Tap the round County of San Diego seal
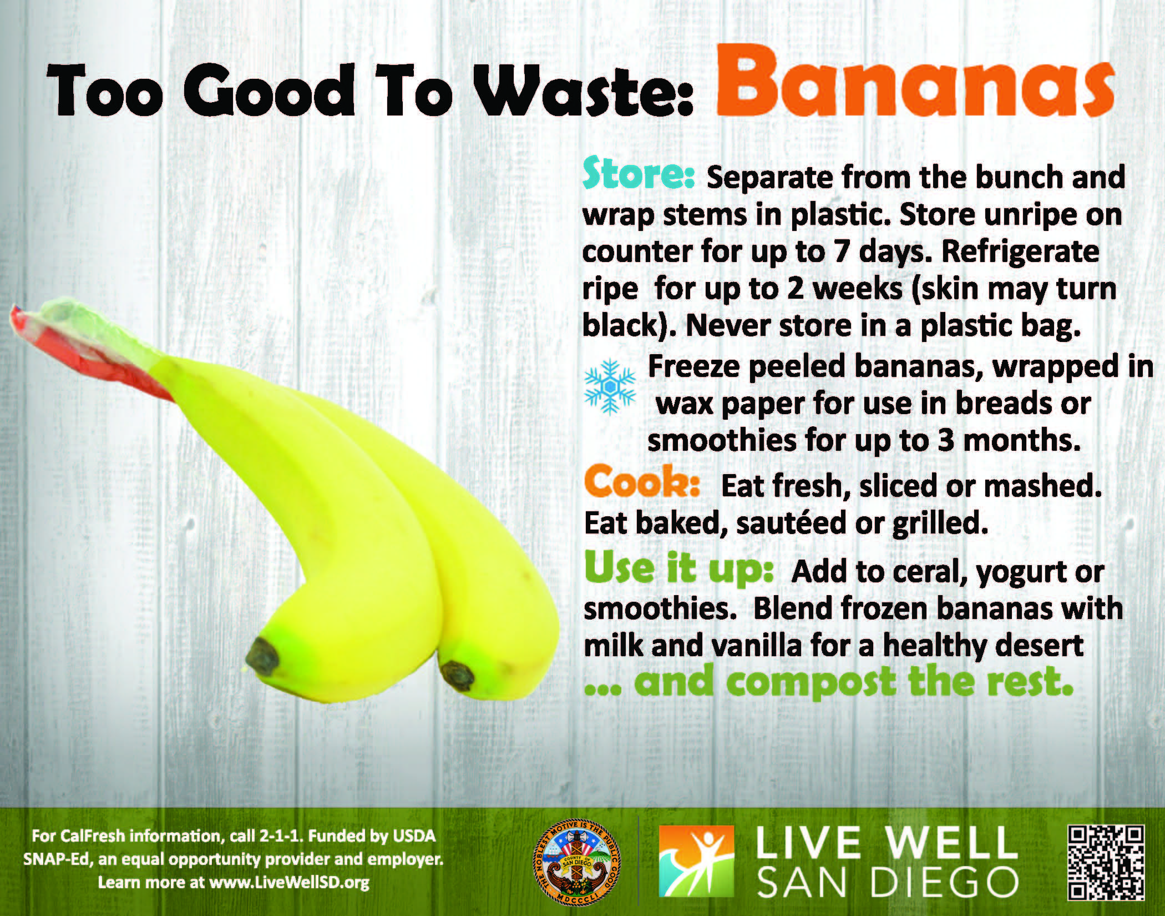click(x=580, y=863)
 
